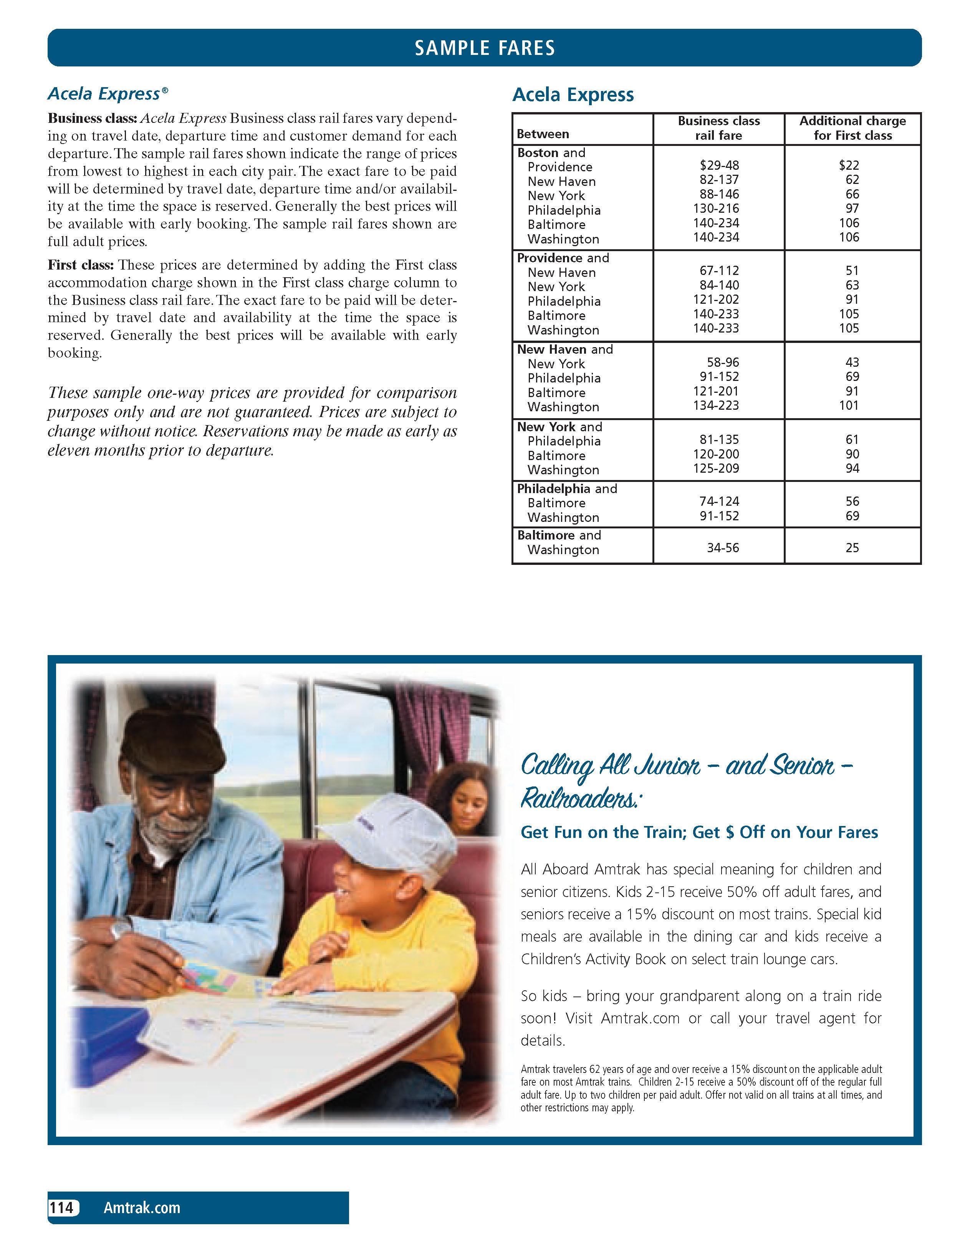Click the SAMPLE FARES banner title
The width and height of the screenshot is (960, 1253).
point(485,48)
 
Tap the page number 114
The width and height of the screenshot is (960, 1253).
point(62,1207)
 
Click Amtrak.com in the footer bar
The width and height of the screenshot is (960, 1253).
point(142,1207)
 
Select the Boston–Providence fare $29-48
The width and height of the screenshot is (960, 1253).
point(719,166)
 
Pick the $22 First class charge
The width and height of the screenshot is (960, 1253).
point(849,166)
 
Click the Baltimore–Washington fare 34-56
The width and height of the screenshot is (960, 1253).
point(723,548)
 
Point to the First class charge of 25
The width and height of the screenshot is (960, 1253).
point(852,548)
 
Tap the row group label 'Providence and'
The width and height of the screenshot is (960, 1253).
point(563,258)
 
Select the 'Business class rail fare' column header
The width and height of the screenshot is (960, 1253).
point(718,128)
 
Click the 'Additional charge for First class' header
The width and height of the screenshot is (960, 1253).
point(852,128)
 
